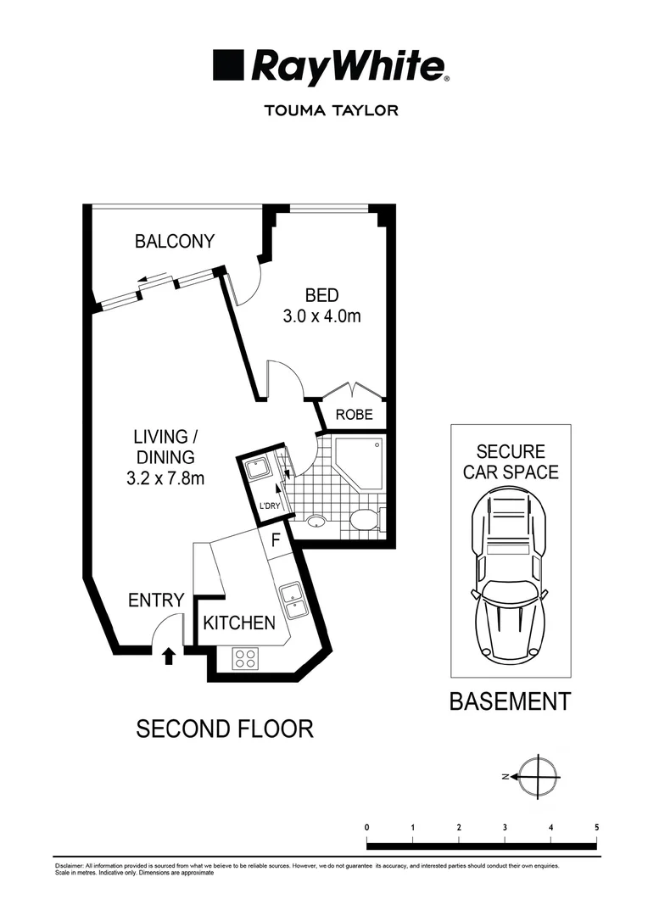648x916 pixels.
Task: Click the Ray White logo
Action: [330, 66]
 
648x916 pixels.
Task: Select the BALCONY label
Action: [175, 242]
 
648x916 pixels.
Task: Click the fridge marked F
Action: [275, 539]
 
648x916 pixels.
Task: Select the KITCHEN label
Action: [239, 623]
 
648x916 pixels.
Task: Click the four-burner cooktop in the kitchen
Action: [246, 657]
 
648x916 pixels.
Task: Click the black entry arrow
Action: [169, 655]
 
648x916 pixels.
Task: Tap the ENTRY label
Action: [156, 600]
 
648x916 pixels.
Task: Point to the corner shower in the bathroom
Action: [361, 461]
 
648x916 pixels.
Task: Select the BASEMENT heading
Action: [510, 702]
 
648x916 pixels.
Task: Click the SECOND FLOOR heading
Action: [225, 729]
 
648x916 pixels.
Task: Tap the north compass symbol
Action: [539, 776]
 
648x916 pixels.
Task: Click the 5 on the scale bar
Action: [597, 827]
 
